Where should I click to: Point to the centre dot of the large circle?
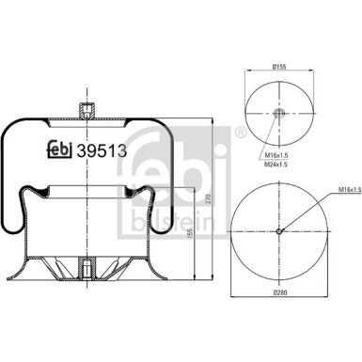click(280, 231)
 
